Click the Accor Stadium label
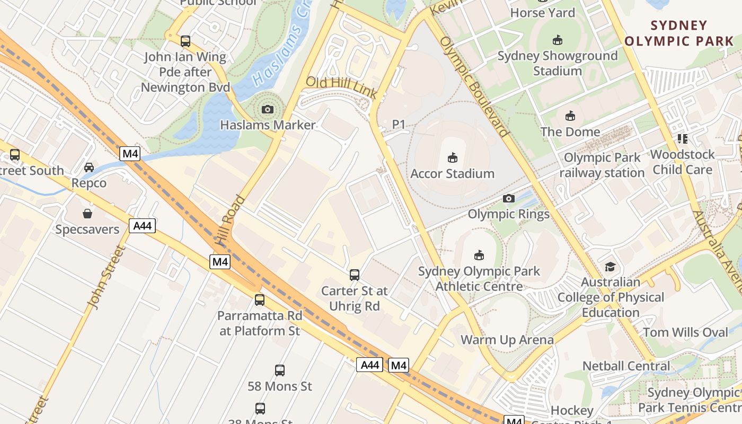pyautogui.click(x=453, y=173)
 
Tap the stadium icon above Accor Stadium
pyautogui.click(x=453, y=157)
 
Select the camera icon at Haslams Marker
pyautogui.click(x=268, y=109)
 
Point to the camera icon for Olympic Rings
pyautogui.click(x=509, y=198)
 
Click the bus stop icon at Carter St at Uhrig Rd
pyautogui.click(x=355, y=275)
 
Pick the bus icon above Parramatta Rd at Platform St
pyautogui.click(x=260, y=300)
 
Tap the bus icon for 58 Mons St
pyautogui.click(x=280, y=370)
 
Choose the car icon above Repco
pyautogui.click(x=89, y=167)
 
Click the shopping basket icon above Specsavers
pyautogui.click(x=87, y=214)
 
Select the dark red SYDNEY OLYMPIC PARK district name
pyautogui.click(x=679, y=33)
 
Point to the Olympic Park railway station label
pyautogui.click(x=602, y=165)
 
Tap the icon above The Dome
pyautogui.click(x=570, y=116)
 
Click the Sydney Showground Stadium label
pyautogui.click(x=557, y=63)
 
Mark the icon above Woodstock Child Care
pyautogui.click(x=683, y=139)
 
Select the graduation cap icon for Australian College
pyautogui.click(x=611, y=267)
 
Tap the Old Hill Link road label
pyautogui.click(x=342, y=88)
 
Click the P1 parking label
pyautogui.click(x=399, y=124)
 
